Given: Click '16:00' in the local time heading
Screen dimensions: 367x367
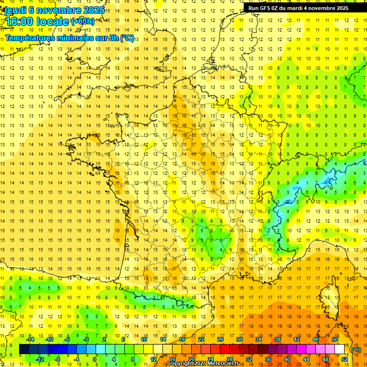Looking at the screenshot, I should (x=20, y=22).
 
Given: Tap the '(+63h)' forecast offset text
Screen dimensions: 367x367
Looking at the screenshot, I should (x=83, y=21).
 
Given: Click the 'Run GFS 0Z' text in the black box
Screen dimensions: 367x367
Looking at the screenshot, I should (x=266, y=8).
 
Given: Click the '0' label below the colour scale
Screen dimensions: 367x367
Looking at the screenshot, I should (x=95, y=359).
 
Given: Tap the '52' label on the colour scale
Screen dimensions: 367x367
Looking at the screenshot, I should (x=345, y=359).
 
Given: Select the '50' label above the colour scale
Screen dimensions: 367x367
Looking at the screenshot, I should (x=335, y=339).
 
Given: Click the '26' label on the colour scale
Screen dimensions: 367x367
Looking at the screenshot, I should (x=220, y=339).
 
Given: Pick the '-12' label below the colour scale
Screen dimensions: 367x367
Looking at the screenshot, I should (x=40, y=359).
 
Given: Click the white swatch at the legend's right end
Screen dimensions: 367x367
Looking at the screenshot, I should (x=340, y=349).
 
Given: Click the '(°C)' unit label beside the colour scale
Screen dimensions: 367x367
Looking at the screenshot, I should (x=356, y=349).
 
